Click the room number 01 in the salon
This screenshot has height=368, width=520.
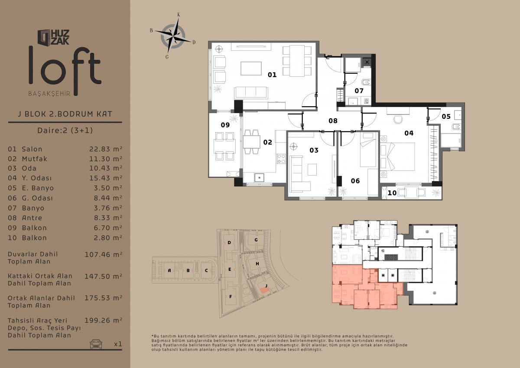272,75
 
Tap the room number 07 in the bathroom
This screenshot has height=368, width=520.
359,91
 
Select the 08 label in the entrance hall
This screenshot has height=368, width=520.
333,121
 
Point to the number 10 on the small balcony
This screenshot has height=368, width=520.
392,193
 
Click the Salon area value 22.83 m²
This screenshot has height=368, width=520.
106,149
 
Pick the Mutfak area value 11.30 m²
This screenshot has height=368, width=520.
106,159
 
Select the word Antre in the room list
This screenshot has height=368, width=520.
32,218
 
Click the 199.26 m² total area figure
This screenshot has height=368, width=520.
103,320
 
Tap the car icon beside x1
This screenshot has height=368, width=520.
96,344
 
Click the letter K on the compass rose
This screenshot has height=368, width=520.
179,15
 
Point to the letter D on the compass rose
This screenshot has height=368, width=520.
194,42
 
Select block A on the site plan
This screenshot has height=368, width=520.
169,270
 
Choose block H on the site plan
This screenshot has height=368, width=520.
257,264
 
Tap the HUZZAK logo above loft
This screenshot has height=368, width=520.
53,37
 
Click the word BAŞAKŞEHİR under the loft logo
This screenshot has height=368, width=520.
49,94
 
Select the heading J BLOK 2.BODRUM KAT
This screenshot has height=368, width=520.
65,114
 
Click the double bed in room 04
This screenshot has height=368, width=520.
397,157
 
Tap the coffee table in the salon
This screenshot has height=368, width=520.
251,68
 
